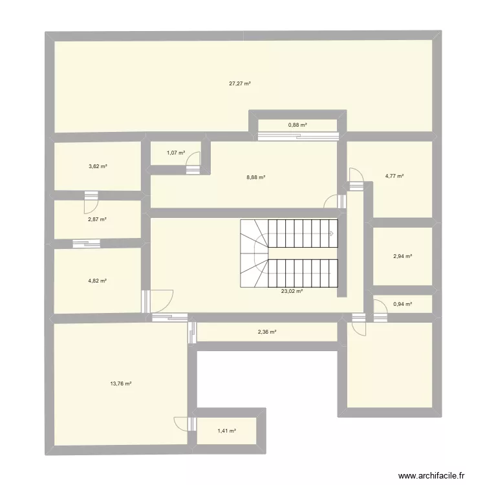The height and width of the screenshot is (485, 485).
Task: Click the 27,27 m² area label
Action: [x=239, y=83]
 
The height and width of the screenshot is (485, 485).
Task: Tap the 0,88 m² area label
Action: [x=297, y=125]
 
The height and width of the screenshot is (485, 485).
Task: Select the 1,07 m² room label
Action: [x=176, y=153]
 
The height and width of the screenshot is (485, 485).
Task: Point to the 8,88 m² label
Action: [x=257, y=177]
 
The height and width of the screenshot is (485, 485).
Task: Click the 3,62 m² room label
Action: [x=98, y=167]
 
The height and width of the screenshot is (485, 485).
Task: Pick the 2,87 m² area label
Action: [x=98, y=219]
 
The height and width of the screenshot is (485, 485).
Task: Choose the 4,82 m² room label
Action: [x=98, y=281]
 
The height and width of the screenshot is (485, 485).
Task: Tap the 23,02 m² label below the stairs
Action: [x=292, y=292]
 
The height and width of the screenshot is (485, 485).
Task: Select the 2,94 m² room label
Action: [x=402, y=257]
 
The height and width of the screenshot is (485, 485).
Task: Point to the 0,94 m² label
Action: [x=402, y=303]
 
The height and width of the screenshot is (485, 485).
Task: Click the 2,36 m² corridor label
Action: [x=267, y=332]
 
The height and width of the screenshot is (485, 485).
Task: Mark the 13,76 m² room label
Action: [x=121, y=383]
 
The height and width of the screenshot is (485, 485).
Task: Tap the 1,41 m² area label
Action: [x=226, y=431]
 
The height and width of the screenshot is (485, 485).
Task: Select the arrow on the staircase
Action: [x=330, y=233]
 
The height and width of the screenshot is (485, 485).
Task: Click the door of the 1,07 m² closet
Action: [x=193, y=166]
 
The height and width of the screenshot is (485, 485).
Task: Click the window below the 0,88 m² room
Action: [x=297, y=136]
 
